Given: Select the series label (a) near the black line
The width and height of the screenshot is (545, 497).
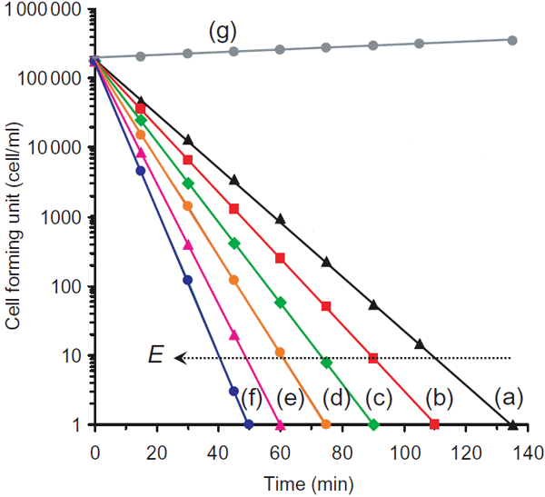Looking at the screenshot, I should point(509,397).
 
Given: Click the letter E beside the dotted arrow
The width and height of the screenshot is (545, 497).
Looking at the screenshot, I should point(155,357).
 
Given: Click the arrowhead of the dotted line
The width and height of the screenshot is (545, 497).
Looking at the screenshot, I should point(180,358).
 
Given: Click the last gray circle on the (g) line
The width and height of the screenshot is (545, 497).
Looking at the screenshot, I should point(512,40).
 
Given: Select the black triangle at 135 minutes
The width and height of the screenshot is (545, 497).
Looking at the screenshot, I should point(513,423).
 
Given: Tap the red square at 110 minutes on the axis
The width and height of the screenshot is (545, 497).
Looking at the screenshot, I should point(435,424).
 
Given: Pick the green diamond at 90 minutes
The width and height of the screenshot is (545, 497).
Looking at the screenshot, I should point(373,424).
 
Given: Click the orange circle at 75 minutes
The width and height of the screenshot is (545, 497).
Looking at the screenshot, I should point(326,424).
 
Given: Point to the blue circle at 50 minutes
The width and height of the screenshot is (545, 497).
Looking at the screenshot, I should point(249,424).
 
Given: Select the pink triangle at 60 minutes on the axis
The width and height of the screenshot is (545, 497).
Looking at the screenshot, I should point(280,424).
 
